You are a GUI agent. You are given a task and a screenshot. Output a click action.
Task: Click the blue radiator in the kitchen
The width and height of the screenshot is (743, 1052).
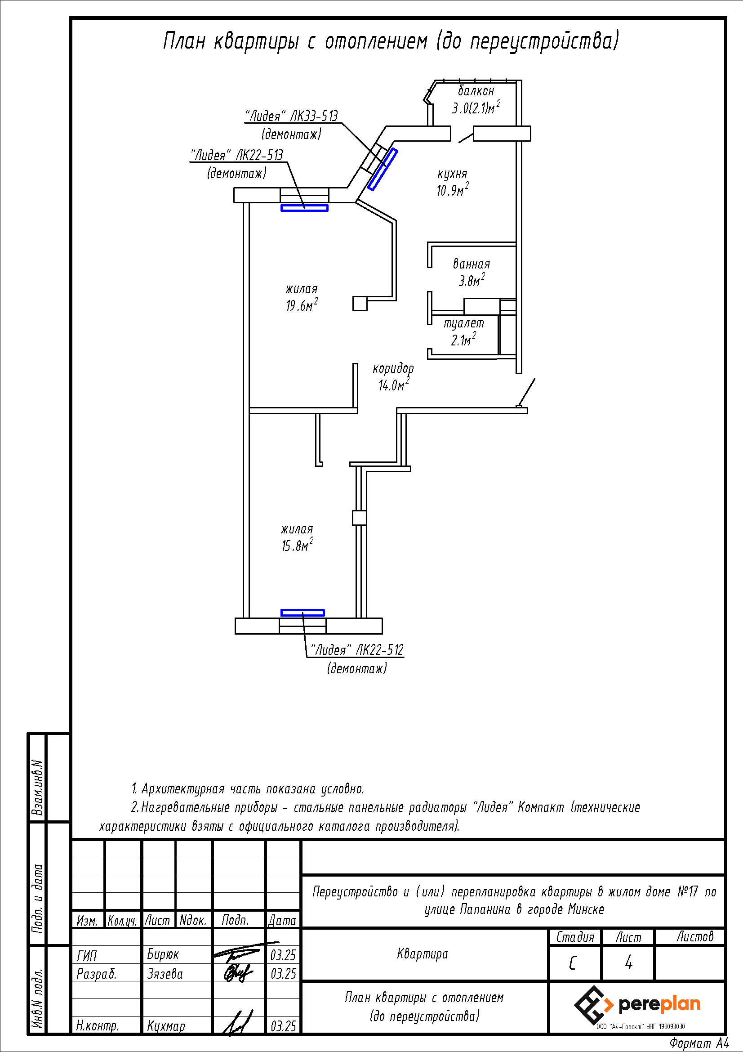383,169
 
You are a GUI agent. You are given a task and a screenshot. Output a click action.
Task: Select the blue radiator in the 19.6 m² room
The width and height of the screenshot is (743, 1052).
304,208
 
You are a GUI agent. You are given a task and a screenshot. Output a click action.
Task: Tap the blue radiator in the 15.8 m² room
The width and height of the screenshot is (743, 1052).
303,613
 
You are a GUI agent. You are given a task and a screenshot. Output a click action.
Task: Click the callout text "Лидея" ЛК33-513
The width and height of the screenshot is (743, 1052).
292,116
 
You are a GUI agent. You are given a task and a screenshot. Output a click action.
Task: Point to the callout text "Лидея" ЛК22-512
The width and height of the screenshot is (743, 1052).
357,650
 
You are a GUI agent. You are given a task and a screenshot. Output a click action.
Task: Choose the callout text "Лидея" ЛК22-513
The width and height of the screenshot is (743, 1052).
237,155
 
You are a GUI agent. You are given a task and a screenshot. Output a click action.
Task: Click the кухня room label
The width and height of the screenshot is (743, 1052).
452,174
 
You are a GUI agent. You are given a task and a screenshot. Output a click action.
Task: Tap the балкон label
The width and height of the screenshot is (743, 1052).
476,90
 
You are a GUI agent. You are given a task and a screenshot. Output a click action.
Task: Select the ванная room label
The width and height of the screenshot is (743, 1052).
472,264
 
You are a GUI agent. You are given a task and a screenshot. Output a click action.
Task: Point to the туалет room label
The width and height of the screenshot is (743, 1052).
464,323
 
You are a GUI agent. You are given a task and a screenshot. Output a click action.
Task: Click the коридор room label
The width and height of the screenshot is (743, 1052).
393,368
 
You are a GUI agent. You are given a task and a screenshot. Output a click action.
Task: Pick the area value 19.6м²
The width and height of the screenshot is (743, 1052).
302,305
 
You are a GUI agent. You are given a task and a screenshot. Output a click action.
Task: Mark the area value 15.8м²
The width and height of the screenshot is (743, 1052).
298,545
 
